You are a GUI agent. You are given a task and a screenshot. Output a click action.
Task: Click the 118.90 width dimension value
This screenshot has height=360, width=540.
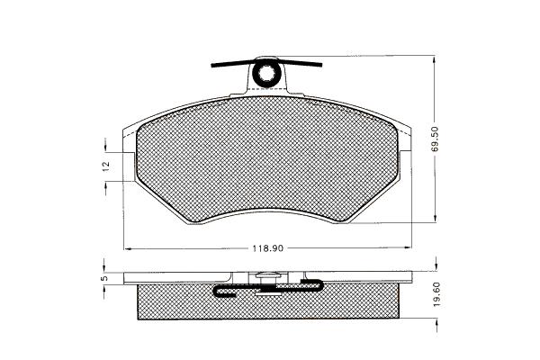267,248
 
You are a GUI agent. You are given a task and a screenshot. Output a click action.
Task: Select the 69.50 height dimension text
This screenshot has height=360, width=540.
435,139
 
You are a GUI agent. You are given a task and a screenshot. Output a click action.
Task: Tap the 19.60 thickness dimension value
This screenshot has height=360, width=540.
436,294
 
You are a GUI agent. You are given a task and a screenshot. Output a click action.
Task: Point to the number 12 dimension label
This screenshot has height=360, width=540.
106,165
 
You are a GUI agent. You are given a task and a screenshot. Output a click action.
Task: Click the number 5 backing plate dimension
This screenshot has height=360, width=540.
105,277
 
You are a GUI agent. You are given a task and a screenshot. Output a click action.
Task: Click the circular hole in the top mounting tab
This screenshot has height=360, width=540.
266,73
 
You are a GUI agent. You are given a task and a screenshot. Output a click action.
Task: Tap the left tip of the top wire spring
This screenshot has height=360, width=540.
212,65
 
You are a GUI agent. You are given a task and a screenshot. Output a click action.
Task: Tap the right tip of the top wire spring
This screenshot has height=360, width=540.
320,65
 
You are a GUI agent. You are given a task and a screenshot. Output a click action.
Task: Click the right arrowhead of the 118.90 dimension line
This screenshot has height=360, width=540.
408,247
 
